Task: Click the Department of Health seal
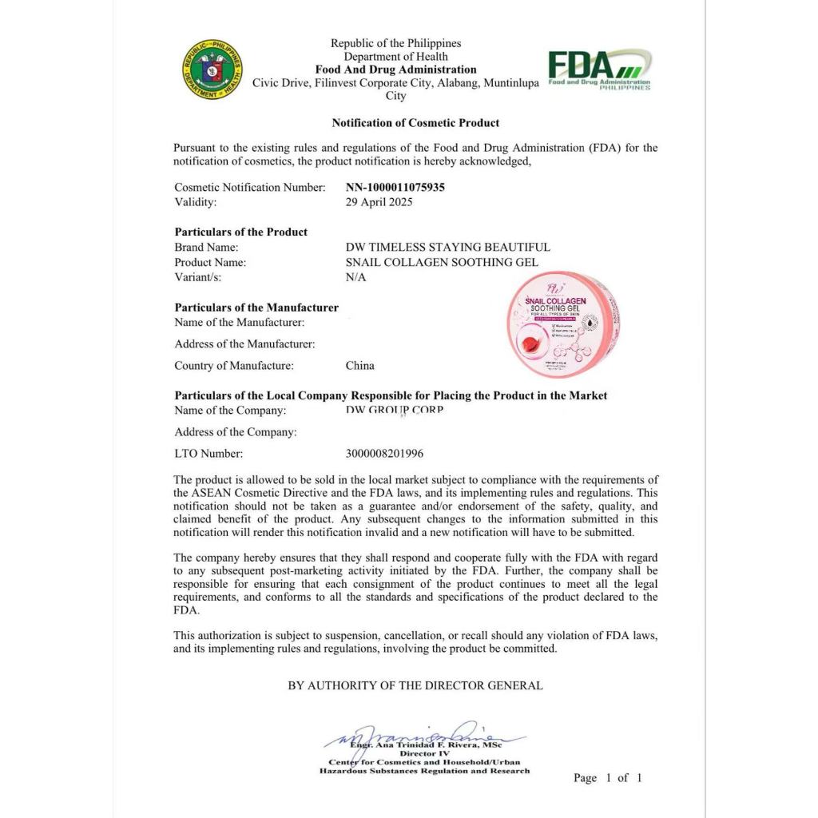pos(212,69)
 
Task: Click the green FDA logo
pos(599,69)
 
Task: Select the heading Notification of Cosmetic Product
pos(415,123)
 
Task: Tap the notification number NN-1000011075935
pos(395,187)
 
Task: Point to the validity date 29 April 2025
pos(379,202)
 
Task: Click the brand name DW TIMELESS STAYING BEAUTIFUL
pos(447,248)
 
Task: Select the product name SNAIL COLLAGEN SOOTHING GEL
pos(442,262)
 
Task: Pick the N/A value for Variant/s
pos(355,277)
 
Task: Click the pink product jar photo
pos(563,324)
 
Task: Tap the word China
pos(359,366)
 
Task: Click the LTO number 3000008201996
pos(384,454)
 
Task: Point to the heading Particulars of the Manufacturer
pos(256,308)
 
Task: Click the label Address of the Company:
pos(236,432)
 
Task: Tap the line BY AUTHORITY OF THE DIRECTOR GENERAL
pos(415,685)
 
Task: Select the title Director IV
pos(425,753)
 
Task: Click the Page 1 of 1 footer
pos(607,777)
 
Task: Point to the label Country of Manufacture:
pos(234,366)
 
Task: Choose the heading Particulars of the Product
pos(241,232)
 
